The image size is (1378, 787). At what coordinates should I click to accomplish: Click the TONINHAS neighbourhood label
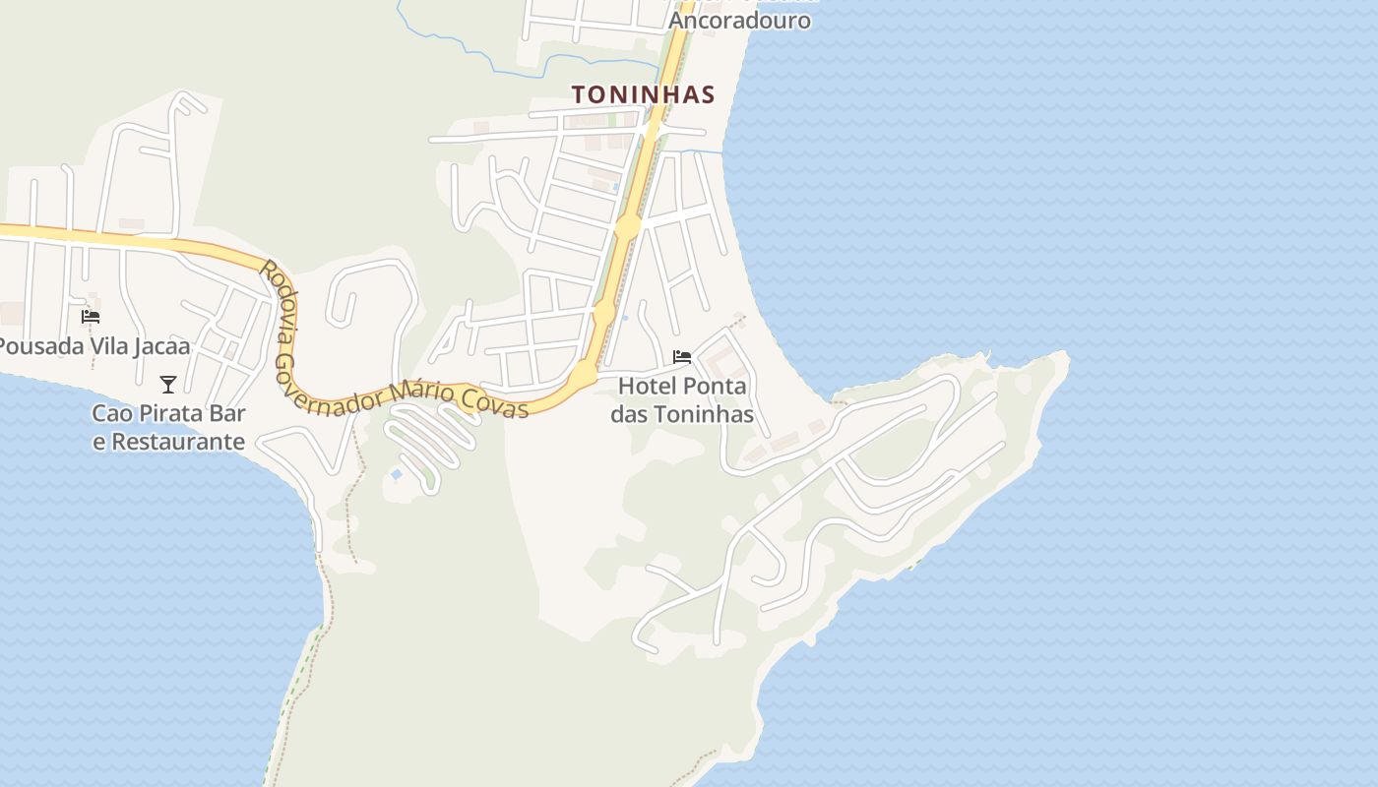coord(643,94)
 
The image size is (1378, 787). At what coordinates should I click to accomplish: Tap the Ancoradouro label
coord(739,20)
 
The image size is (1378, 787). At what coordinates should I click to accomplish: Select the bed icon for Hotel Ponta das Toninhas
coord(682,356)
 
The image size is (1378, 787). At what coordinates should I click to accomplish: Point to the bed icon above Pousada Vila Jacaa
coord(91,316)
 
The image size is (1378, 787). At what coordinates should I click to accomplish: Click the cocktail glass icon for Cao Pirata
coord(168,384)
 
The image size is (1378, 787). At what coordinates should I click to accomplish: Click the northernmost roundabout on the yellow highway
coord(627,227)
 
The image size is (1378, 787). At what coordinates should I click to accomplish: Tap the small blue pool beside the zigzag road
coord(396,474)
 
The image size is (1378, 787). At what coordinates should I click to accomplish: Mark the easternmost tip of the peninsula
coord(1067,359)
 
